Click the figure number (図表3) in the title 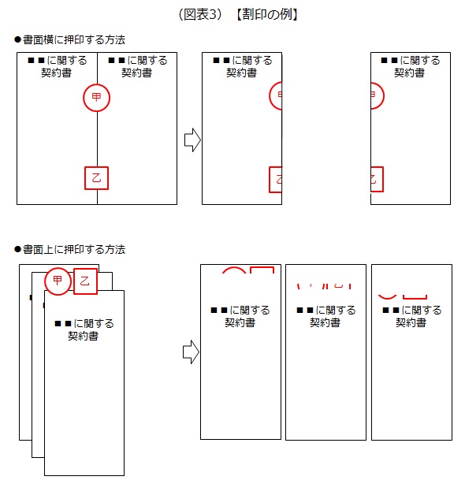pos(202,14)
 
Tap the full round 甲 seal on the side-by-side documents pos(97,98)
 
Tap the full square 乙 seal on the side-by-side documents pos(96,178)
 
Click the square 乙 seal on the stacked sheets pos(85,281)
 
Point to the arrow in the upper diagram pos(192,141)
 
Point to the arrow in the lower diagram pos(191,352)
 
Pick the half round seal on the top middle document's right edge pos(276,96)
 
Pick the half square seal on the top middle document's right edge pos(275,179)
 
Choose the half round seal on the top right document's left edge pos(375,97)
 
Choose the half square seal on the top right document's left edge pos(376,179)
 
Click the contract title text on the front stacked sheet pos(84,329)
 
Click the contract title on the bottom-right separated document pos(411,317)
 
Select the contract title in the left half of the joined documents pos(58,66)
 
